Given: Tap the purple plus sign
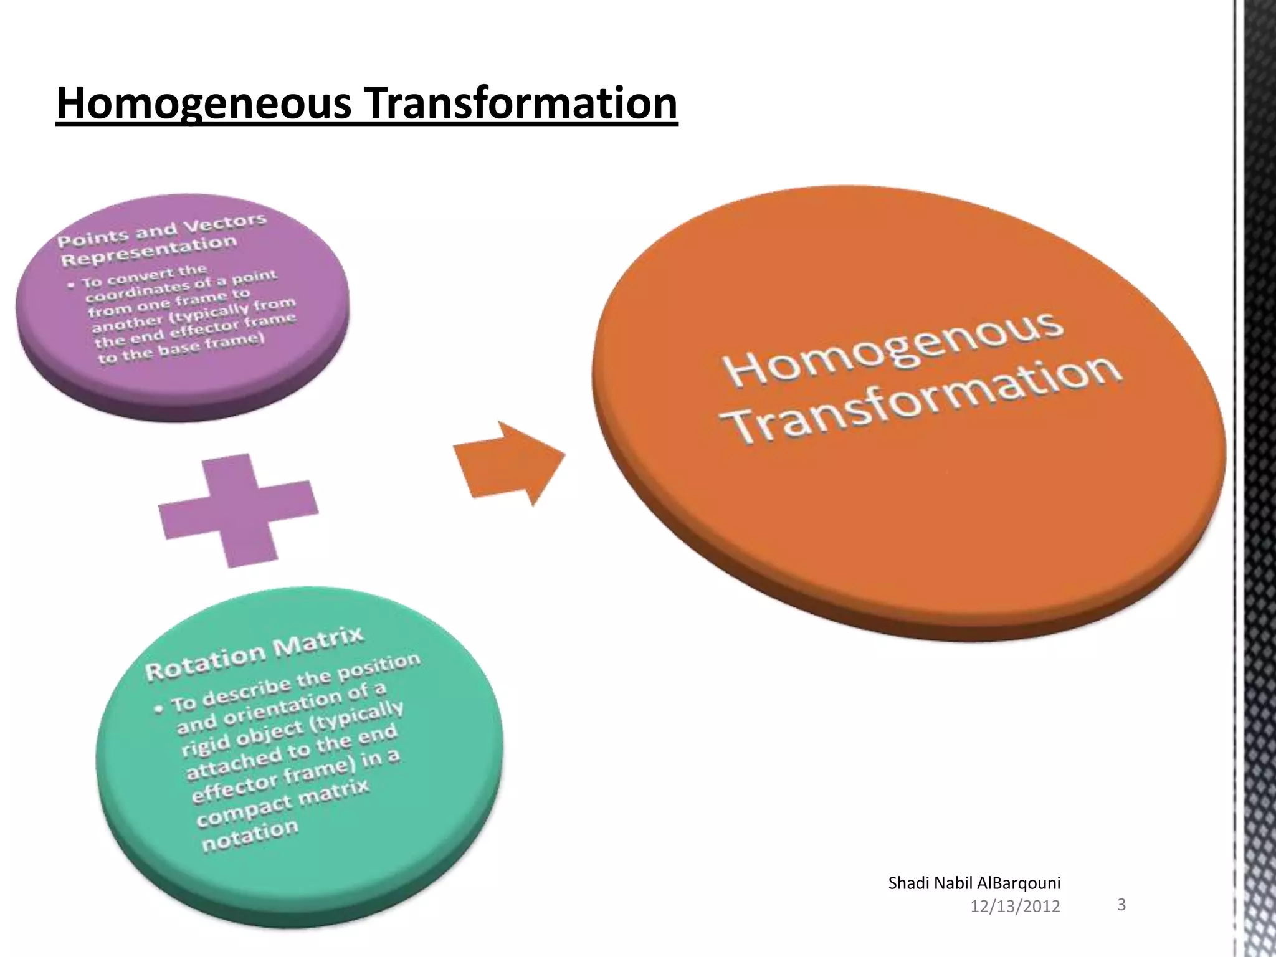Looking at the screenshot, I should point(237,510).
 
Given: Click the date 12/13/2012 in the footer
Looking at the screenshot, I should point(1015,907).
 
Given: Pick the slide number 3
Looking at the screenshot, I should point(1121,904).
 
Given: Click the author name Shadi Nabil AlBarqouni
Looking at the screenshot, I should point(974,883).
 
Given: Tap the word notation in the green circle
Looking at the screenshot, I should point(250,836).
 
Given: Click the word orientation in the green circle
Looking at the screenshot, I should point(281,710).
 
